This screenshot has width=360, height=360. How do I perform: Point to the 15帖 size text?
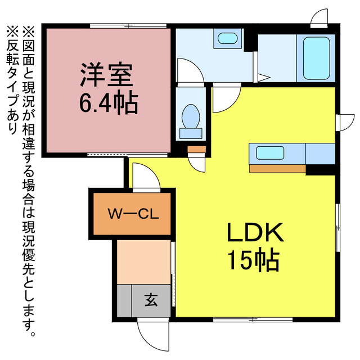coord(254,260)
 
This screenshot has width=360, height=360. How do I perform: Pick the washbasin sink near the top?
coord(227,39)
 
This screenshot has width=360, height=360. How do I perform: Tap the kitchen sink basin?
coord(270,152)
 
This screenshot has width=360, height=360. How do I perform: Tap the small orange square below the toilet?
coord(196,149)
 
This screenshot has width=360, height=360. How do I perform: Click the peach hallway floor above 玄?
coord(143,262)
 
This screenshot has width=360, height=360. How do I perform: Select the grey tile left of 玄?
coord(124,301)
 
